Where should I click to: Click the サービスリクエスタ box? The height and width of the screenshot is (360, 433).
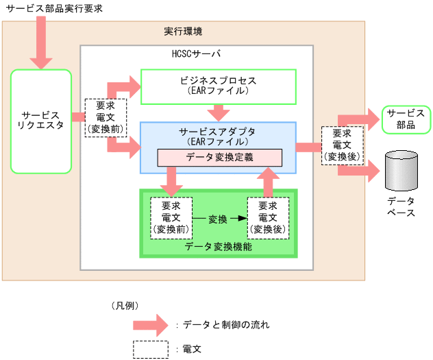coord(41,120)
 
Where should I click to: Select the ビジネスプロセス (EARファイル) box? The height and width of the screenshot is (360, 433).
coord(218,86)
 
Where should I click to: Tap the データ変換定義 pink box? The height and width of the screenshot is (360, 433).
coord(219,157)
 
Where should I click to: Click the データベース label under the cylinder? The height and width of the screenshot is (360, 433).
coord(401,206)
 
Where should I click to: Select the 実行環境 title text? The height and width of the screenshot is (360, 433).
coord(183,32)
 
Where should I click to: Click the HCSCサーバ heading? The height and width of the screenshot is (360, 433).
coord(196,53)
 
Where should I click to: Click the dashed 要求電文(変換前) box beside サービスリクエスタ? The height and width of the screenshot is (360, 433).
coord(105,117)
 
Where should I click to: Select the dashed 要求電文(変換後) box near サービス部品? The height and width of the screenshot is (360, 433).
coord(341,145)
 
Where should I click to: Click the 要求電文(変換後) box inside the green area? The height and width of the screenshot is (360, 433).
coord(268,217)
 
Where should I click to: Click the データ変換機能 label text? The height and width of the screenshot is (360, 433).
coord(219,245)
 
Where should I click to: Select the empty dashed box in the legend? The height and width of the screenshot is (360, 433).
coord(151,349)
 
